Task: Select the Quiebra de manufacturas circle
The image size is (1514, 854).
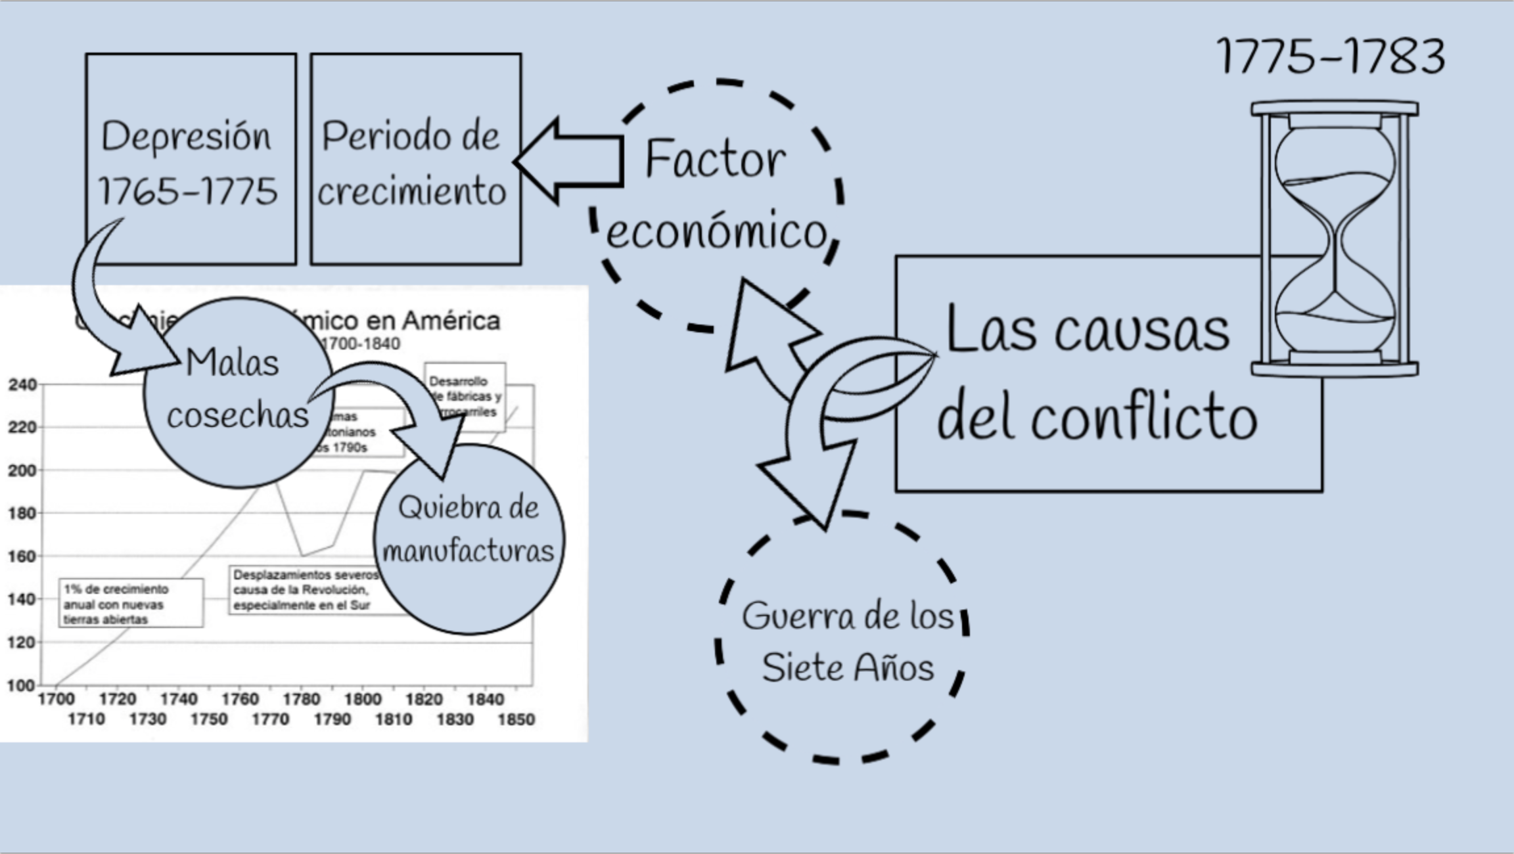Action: click(x=469, y=539)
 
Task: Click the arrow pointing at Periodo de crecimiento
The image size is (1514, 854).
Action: click(x=568, y=161)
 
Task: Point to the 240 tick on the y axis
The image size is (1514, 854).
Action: click(x=22, y=384)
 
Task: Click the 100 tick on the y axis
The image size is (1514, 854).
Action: click(x=21, y=685)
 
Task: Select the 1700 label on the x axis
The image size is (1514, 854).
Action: click(x=56, y=699)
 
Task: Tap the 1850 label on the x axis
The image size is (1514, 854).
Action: click(x=516, y=719)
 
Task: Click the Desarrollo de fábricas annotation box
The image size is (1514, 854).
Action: click(x=465, y=396)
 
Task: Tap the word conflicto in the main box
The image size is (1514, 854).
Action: click(x=1143, y=419)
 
